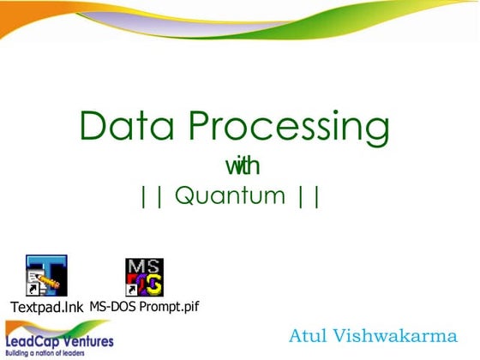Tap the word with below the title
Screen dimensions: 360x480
coord(242,164)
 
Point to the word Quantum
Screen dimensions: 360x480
coord(230,195)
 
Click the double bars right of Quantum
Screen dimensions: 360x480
coord(309,195)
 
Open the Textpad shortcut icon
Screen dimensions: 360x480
coord(46,276)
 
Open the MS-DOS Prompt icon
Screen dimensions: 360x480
coord(144,276)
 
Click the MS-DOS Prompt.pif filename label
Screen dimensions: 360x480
coord(144,305)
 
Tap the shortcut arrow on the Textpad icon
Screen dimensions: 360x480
coord(32,291)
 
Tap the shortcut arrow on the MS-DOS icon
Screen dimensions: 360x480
coord(130,291)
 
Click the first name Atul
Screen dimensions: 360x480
coord(310,335)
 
